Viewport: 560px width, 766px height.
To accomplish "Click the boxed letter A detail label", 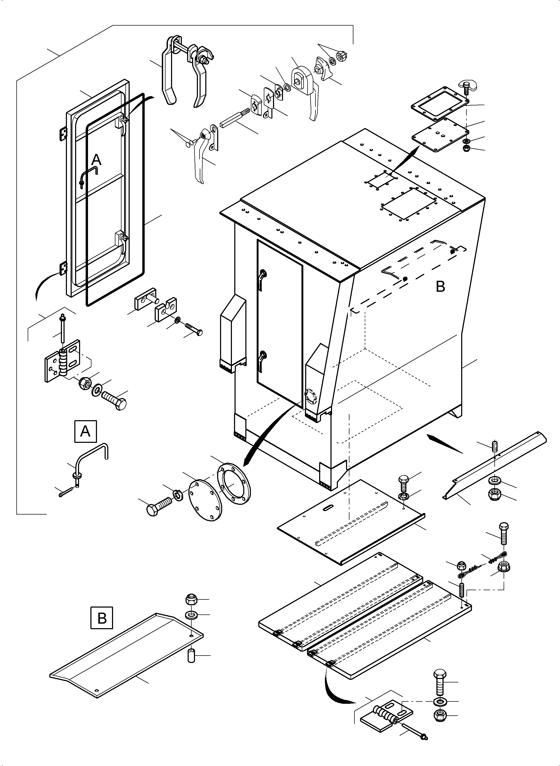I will coord(85,432).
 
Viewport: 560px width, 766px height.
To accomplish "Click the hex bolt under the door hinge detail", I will coord(115,399).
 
